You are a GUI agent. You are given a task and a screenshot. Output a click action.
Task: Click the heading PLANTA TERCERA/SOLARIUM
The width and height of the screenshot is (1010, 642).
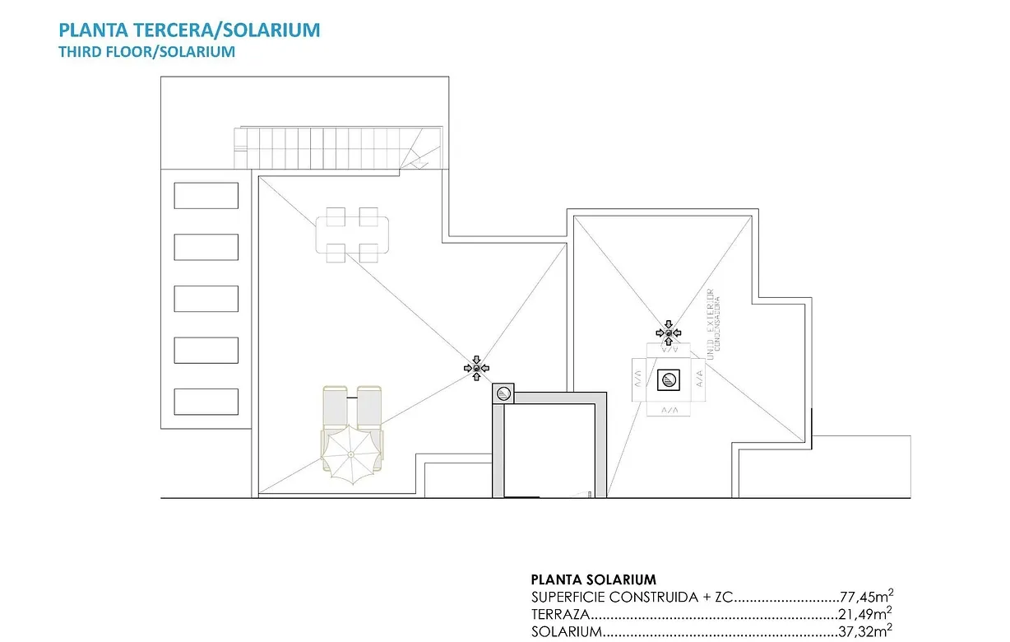pos(189,30)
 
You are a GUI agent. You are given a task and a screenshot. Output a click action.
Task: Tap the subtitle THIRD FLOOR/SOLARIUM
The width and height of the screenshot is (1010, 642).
pos(146,52)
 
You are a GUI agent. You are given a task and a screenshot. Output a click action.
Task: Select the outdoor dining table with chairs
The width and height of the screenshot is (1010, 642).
pos(352,235)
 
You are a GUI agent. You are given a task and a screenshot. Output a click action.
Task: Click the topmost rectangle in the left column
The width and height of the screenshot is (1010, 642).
pos(206,196)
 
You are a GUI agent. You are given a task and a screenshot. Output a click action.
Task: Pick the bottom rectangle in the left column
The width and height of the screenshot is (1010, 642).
pos(206,401)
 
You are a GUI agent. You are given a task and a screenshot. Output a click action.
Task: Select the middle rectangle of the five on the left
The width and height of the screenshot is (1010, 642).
pos(206,299)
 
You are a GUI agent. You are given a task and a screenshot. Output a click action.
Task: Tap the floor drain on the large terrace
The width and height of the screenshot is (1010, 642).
pos(477,367)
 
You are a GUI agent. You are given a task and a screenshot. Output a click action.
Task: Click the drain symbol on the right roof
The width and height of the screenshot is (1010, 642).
pos(669,333)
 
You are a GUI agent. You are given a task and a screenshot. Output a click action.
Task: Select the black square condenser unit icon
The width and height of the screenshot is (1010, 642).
pos(669,379)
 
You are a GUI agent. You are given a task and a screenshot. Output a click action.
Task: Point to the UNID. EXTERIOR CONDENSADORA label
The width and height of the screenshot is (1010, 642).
pos(711,321)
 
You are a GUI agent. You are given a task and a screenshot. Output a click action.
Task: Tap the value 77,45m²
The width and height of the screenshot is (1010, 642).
pos(866,598)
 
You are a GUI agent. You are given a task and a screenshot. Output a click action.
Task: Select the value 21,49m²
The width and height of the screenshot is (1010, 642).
pos(866,615)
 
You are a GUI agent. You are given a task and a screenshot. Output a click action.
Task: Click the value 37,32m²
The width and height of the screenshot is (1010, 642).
pos(866,631)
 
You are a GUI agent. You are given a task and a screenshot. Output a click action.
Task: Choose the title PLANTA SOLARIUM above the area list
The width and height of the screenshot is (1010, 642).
pos(594,580)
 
